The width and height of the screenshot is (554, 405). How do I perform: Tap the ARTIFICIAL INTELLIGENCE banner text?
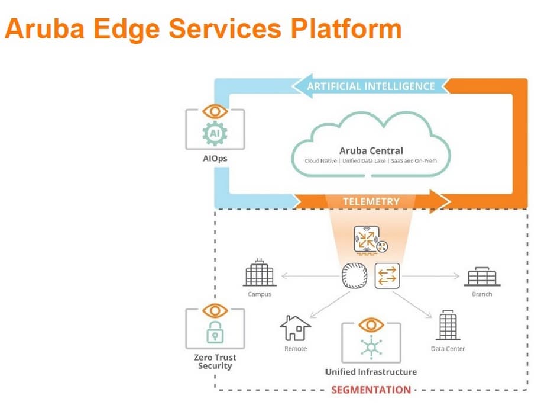371,86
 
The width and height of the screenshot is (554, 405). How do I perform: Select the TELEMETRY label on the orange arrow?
371,201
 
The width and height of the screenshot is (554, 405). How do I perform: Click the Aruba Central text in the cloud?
371,150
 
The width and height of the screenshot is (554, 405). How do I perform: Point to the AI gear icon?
214,134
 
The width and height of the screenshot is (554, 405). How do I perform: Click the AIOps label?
214,159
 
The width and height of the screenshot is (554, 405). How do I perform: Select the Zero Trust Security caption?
214,361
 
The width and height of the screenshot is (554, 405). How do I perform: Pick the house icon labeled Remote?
295,328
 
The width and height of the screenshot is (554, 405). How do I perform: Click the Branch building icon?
482,277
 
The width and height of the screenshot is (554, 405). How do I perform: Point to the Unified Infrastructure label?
371,372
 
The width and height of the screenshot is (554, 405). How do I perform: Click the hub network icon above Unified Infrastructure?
371,347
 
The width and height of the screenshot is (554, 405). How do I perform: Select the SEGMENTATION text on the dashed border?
371,390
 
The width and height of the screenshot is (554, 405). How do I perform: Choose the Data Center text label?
448,349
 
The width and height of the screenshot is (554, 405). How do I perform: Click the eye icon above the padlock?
214,310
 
